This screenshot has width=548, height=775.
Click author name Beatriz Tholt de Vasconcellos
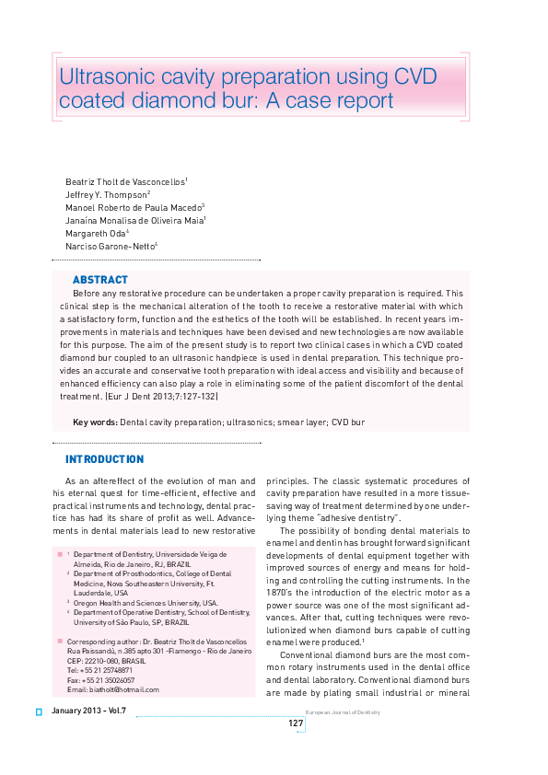pos(124,182)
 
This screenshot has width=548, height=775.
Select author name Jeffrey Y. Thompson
pos(105,195)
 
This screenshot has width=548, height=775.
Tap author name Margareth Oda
pos(95,234)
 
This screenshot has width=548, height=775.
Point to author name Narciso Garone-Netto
pos(110,247)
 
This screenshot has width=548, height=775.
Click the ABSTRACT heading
pos(99,280)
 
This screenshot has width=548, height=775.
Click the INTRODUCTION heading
pos(104,459)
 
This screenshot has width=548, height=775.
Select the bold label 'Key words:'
pos(95,422)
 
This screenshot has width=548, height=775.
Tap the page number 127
pos(296,723)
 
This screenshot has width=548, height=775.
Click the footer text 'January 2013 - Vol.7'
pos(89,711)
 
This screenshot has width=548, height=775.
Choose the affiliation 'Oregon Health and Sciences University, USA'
pos(145,603)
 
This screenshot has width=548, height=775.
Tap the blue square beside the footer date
pos(39,711)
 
